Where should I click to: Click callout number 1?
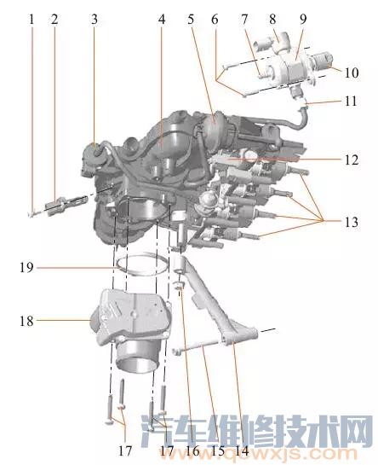(x=31, y=20)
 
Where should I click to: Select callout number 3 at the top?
(x=94, y=20)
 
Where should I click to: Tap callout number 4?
(x=162, y=20)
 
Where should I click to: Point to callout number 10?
(x=352, y=73)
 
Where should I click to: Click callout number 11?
(x=351, y=102)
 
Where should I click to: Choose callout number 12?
(x=352, y=160)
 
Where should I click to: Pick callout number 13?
(x=352, y=222)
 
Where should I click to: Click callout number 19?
(x=27, y=268)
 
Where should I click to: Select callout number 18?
(x=27, y=321)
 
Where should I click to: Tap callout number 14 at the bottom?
(x=242, y=450)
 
